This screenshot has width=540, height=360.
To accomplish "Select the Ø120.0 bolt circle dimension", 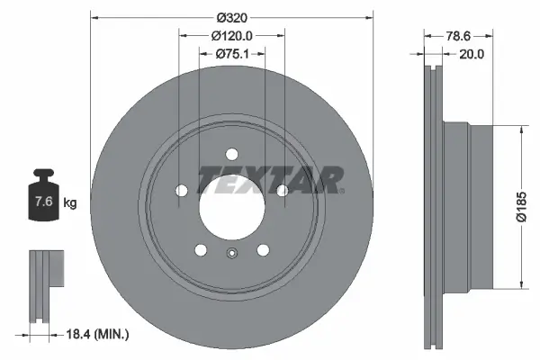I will pyautogui.click(x=231, y=36).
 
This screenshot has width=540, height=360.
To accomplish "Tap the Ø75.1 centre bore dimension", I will pyautogui.click(x=231, y=54).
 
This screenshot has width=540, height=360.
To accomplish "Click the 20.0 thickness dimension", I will pyautogui.click(x=472, y=54).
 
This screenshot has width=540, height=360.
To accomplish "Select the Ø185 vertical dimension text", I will pyautogui.click(x=520, y=206).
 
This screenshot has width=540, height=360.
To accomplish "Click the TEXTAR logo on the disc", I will pyautogui.click(x=270, y=180).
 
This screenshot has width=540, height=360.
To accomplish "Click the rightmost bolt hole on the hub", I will pyautogui.click(x=283, y=190).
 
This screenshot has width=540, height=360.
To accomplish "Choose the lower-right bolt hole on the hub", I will pyautogui.click(x=263, y=250).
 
